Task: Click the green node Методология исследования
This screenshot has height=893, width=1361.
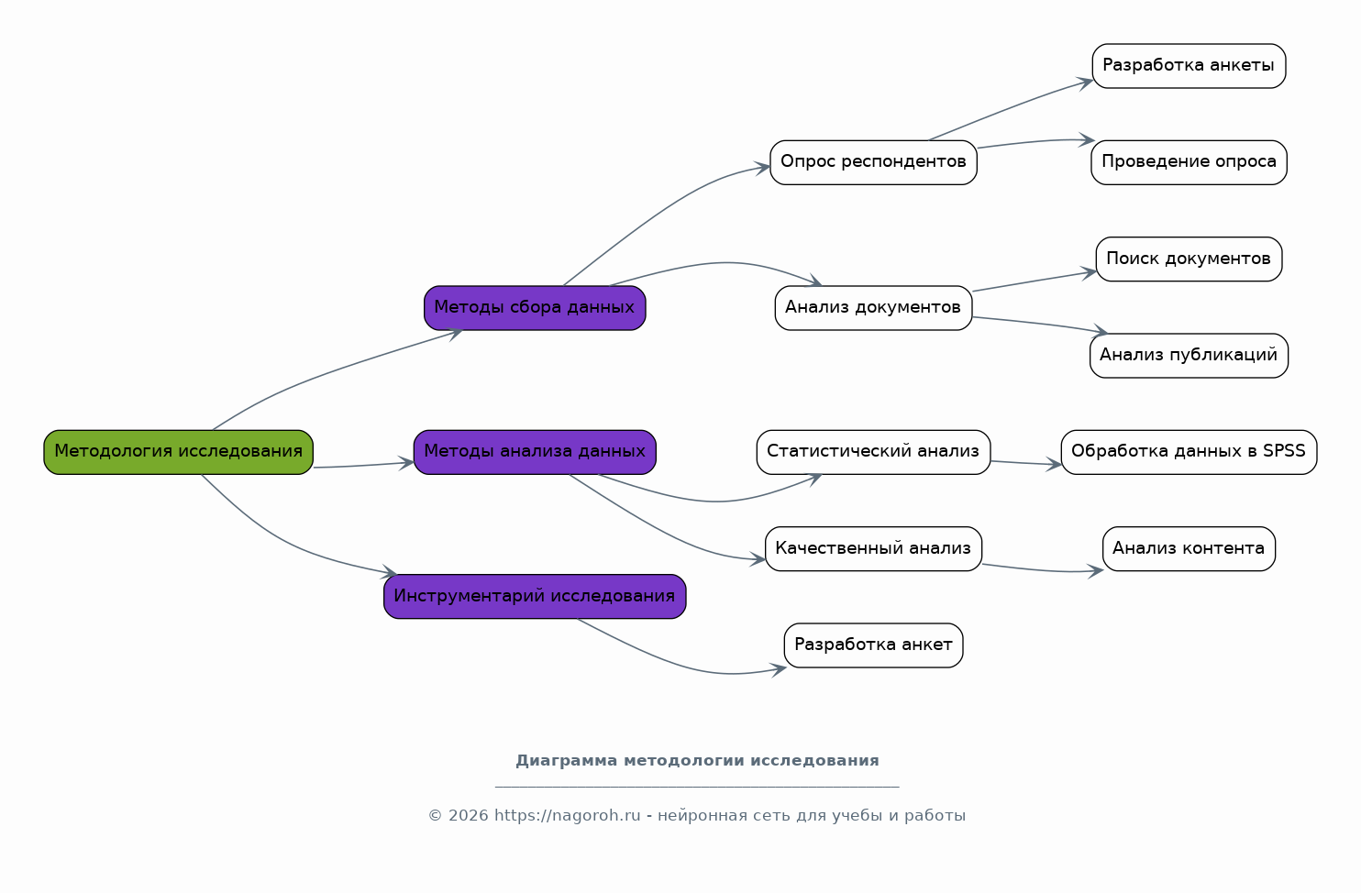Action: click(178, 453)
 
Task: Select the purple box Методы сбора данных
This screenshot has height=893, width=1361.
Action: click(535, 308)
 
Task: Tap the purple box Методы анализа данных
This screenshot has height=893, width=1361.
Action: click(535, 453)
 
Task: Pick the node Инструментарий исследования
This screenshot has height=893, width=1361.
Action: click(535, 597)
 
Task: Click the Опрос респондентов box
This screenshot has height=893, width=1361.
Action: click(873, 163)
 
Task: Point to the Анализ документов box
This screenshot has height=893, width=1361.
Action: click(873, 308)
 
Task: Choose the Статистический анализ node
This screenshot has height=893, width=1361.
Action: click(873, 453)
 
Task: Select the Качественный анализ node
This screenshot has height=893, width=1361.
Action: click(873, 548)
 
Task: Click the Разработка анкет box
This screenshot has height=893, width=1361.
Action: click(873, 645)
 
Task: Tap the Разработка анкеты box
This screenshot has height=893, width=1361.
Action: click(1189, 66)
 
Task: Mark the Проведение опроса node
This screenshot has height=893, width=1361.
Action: click(1189, 163)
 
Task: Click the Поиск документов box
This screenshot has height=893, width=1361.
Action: click(1189, 259)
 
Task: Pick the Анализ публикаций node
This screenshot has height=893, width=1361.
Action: click(1189, 356)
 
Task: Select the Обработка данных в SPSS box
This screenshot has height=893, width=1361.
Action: click(1189, 453)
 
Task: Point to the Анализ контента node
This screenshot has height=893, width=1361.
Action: click(1189, 548)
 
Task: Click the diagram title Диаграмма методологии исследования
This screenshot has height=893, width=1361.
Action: click(697, 761)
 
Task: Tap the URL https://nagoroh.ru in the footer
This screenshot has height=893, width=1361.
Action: click(567, 815)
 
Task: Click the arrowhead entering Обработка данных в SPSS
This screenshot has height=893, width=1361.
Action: click(1054, 465)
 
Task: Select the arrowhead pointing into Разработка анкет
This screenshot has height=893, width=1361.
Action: click(779, 669)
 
